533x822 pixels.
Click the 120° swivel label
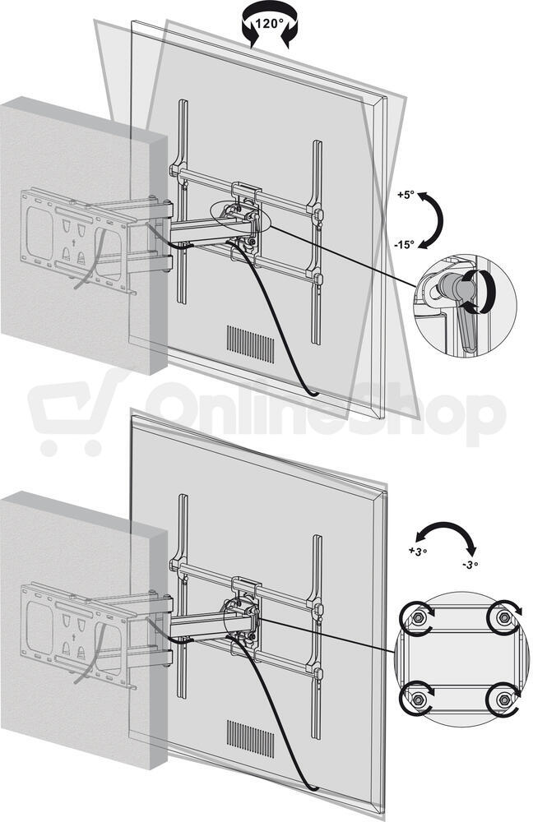click(x=269, y=24)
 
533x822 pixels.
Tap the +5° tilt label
click(x=406, y=194)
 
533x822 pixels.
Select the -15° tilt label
click(x=404, y=244)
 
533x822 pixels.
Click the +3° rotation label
click(x=418, y=551)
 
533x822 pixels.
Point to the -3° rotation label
click(x=470, y=566)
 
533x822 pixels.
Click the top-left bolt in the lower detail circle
click(x=418, y=617)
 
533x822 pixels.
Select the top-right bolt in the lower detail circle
click(x=503, y=617)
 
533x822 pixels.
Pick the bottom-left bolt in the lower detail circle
click(x=418, y=699)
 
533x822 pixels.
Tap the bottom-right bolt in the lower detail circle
click(x=503, y=699)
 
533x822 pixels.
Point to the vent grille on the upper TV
click(x=250, y=344)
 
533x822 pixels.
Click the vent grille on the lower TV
click(x=250, y=739)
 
